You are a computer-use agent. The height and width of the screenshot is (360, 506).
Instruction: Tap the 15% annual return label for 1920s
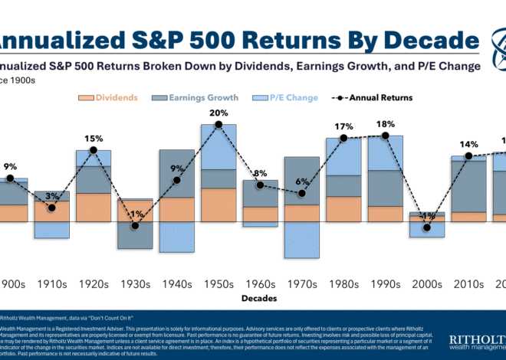click(x=94, y=139)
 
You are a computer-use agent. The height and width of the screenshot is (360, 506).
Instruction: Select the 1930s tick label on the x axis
click(x=135, y=283)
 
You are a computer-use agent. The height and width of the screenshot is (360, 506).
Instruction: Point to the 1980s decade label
click(x=343, y=283)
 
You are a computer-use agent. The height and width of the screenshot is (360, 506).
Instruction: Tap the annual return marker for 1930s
click(x=135, y=226)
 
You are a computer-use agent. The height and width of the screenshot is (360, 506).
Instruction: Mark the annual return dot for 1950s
click(x=219, y=124)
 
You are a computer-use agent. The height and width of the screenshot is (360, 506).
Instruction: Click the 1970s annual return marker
click(x=302, y=194)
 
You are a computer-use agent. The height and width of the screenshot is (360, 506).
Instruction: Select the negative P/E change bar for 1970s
click(x=302, y=239)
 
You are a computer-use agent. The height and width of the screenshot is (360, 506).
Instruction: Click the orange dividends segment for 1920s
click(x=94, y=207)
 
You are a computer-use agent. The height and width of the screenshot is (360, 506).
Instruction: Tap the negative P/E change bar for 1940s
click(x=177, y=237)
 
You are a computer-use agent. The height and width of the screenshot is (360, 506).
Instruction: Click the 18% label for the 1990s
click(x=386, y=124)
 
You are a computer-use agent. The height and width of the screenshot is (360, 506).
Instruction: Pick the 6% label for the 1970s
click(x=302, y=182)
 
